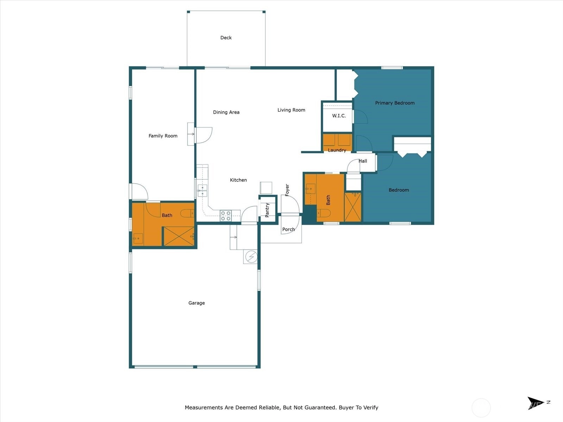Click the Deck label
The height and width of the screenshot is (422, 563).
(x=226, y=38)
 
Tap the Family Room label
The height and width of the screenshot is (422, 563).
(x=163, y=136)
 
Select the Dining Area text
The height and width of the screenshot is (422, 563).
(x=226, y=112)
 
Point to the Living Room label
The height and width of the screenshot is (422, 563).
(x=291, y=110)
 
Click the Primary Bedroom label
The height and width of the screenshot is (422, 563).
(x=395, y=103)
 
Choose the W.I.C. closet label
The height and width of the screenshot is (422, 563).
(x=339, y=116)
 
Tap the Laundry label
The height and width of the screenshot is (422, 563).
(x=337, y=150)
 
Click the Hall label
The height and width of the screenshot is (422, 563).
(x=363, y=161)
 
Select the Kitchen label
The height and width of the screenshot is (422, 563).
(x=238, y=180)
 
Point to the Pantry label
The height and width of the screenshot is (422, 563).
(x=267, y=210)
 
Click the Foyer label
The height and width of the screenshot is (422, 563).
(x=287, y=190)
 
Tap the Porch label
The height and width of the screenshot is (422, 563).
(x=289, y=229)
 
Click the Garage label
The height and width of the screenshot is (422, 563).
(x=196, y=303)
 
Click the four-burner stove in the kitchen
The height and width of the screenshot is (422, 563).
(x=226, y=216)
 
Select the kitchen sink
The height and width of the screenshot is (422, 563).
(x=202, y=191)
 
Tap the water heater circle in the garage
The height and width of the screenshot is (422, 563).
(x=251, y=256)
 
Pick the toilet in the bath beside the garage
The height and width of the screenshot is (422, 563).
(x=187, y=213)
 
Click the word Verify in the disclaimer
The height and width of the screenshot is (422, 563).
(x=371, y=407)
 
